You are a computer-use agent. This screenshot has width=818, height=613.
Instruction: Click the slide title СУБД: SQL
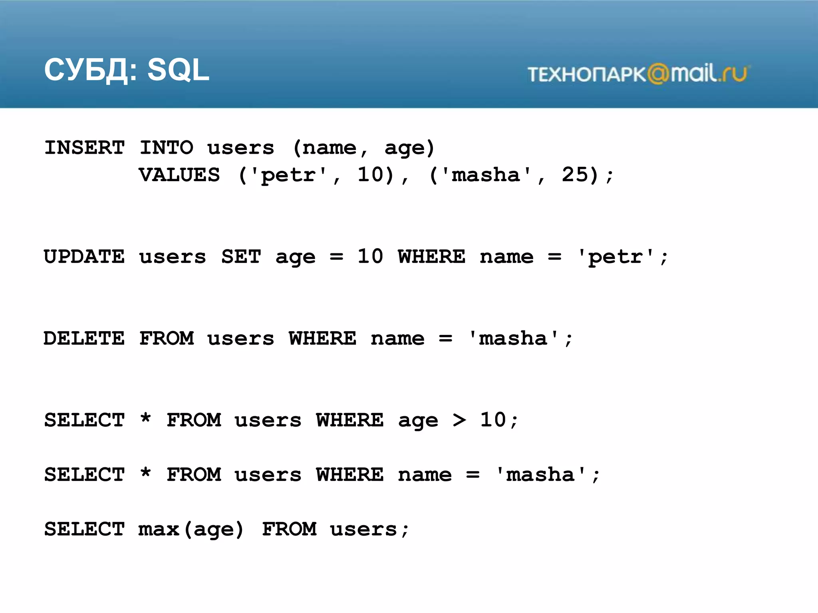(127, 70)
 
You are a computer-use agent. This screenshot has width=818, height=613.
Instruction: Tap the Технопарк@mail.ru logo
(638, 74)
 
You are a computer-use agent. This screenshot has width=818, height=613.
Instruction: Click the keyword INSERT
(85, 148)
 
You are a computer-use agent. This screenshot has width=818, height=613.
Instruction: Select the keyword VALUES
(179, 175)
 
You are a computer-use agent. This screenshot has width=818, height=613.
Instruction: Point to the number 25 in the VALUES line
(575, 174)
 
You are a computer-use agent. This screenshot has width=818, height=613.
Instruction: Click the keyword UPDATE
(84, 257)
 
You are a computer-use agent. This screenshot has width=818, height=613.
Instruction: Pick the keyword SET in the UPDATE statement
(241, 257)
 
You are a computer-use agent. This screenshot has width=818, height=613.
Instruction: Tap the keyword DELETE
(84, 338)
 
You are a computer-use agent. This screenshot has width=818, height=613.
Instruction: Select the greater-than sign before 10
(459, 420)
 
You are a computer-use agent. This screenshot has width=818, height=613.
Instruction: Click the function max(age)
(191, 530)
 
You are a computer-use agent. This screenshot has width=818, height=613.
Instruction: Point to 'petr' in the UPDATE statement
(615, 257)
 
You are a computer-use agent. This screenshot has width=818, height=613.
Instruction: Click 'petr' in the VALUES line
(288, 175)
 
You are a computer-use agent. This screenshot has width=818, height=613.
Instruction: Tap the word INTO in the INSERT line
(167, 148)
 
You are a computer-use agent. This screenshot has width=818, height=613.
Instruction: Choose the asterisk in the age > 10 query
(146, 419)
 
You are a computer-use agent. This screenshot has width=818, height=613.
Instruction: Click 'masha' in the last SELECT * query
(540, 475)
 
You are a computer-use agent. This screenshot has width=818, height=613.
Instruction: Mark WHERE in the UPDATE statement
(432, 257)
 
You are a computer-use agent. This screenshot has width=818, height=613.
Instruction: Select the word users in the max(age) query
(363, 530)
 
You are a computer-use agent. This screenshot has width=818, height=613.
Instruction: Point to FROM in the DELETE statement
(167, 338)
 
